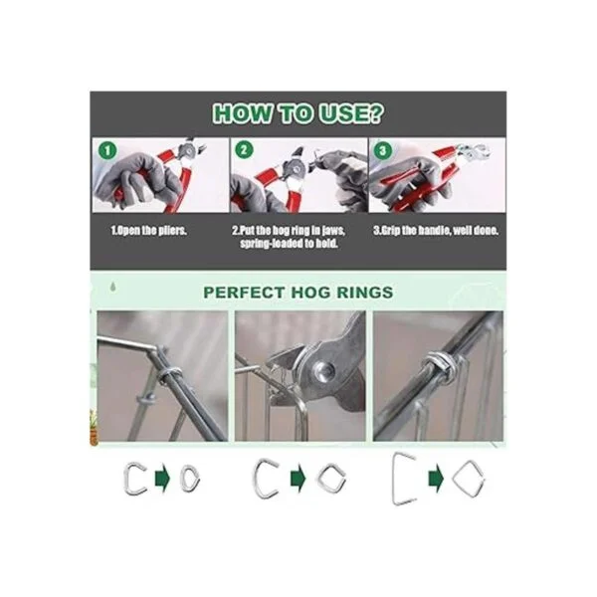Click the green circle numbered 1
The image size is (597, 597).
point(107,150)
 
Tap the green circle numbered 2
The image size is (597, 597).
point(244,149)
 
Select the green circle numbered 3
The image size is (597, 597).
point(383,150)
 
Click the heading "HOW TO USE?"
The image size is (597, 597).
point(298,113)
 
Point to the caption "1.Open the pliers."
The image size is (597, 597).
point(149,231)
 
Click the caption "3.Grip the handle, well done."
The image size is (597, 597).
point(436,231)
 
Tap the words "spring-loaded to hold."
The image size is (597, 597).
point(289,244)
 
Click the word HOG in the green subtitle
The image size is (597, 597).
point(310,293)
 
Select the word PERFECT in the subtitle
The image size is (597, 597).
point(244,293)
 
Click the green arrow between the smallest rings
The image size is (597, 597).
point(162,479)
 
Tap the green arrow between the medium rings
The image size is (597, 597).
point(298,479)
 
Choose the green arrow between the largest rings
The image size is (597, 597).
point(436,479)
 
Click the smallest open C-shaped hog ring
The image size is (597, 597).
point(126,479)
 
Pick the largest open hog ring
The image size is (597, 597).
point(395,479)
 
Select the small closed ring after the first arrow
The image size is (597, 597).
point(182,479)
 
